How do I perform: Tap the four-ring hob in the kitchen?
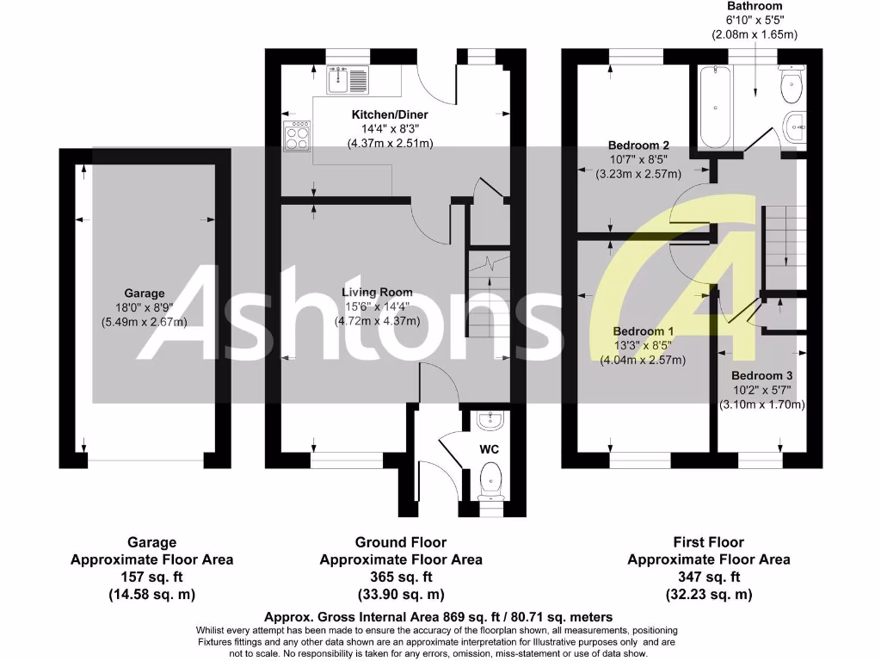(x=297, y=135)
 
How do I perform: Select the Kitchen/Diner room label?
(x=389, y=114)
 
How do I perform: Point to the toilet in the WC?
(x=490, y=478)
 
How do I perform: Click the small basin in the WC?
(x=490, y=420)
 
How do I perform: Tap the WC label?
(x=490, y=449)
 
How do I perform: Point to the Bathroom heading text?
(x=754, y=6)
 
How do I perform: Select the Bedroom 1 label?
(x=643, y=331)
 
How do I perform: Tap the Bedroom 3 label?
(x=762, y=376)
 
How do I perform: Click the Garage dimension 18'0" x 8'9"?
(x=144, y=307)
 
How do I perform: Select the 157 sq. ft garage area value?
(x=151, y=577)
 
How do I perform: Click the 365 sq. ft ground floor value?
(x=401, y=577)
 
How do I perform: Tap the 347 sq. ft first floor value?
(x=708, y=577)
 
